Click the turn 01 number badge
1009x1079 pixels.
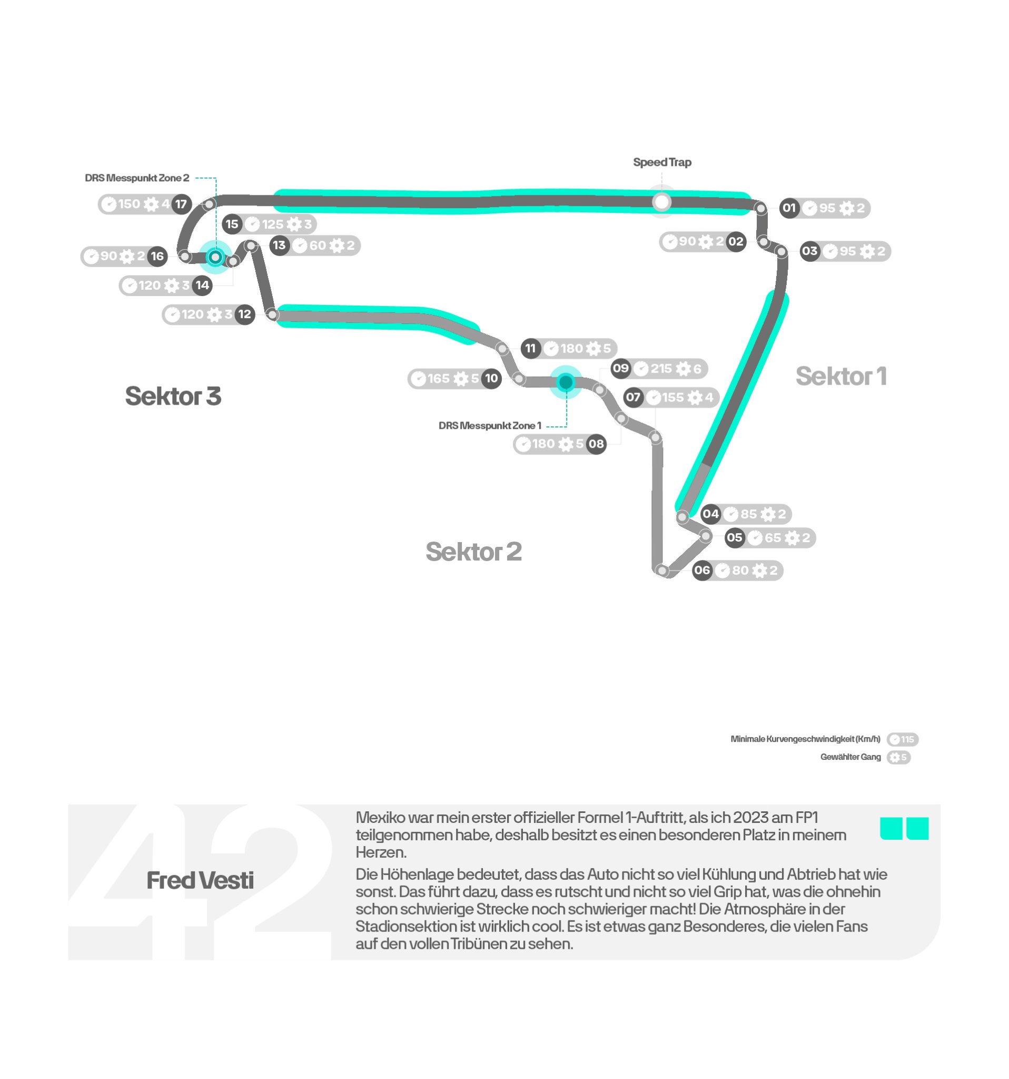click(x=789, y=208)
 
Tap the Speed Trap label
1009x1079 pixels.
click(x=662, y=162)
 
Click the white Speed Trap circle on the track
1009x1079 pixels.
click(x=661, y=202)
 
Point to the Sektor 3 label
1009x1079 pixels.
click(x=173, y=396)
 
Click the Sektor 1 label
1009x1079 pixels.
click(x=841, y=376)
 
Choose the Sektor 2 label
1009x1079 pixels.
click(x=473, y=552)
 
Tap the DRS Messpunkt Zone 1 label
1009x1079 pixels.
click(x=489, y=426)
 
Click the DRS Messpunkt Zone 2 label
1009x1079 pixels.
click(x=137, y=178)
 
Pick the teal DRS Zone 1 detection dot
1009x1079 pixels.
click(x=566, y=382)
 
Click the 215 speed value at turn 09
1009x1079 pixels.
click(x=661, y=368)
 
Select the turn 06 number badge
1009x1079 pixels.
click(x=702, y=571)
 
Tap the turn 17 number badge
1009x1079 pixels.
click(x=181, y=204)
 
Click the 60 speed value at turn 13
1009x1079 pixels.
click(x=318, y=246)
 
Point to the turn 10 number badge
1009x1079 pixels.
click(x=491, y=378)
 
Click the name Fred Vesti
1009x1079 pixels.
click(x=200, y=880)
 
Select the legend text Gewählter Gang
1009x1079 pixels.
click(x=850, y=757)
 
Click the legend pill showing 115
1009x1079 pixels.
click(x=902, y=739)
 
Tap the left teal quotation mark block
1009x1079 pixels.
click(x=891, y=828)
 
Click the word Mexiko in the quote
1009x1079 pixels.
click(x=380, y=817)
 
